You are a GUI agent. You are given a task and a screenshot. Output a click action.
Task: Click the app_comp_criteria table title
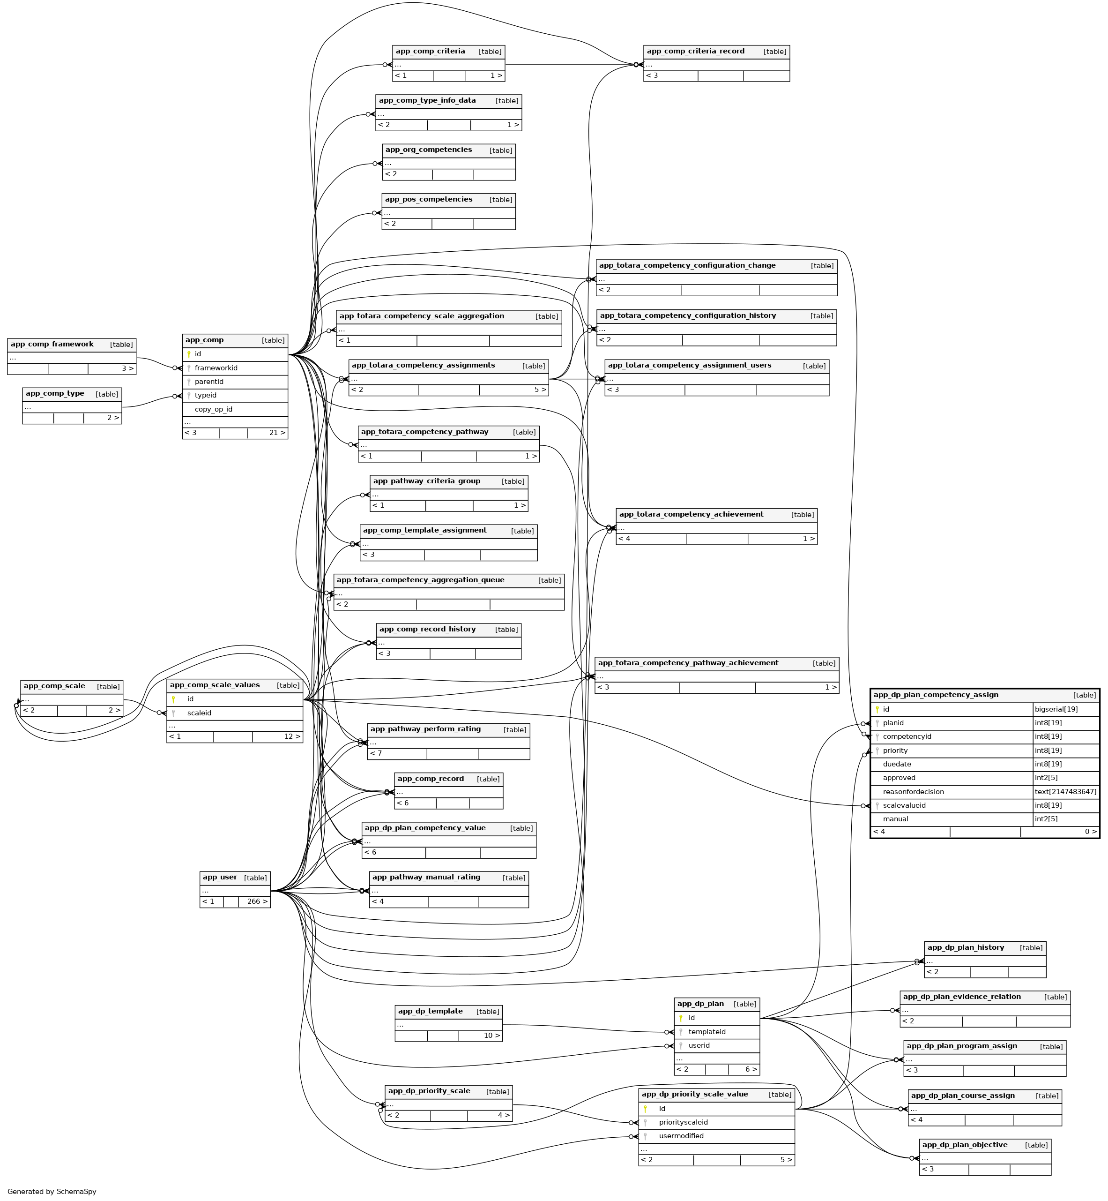click(x=430, y=52)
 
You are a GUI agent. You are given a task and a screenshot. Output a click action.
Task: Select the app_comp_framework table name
click(x=52, y=345)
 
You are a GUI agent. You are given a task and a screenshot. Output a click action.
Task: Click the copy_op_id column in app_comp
click(x=214, y=410)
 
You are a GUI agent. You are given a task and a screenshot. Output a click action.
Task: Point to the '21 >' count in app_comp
click(x=277, y=433)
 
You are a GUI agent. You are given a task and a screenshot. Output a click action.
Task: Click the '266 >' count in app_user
click(x=257, y=901)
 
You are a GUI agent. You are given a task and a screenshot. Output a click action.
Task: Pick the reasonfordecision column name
click(x=913, y=792)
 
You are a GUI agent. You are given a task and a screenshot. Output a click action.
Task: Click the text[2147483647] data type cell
click(x=1065, y=792)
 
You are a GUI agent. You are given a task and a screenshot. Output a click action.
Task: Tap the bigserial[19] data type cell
click(x=1056, y=710)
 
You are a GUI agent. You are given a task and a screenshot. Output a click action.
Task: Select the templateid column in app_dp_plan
click(x=707, y=1032)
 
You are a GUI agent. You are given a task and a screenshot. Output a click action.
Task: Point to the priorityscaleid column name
click(x=683, y=1122)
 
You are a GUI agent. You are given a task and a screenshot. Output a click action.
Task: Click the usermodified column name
click(x=681, y=1136)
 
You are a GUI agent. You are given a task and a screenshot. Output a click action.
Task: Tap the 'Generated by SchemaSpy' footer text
click(x=52, y=1192)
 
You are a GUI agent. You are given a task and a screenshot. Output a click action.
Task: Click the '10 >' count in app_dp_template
click(x=491, y=1036)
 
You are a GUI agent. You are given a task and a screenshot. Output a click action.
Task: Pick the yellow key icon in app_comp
click(x=189, y=354)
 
